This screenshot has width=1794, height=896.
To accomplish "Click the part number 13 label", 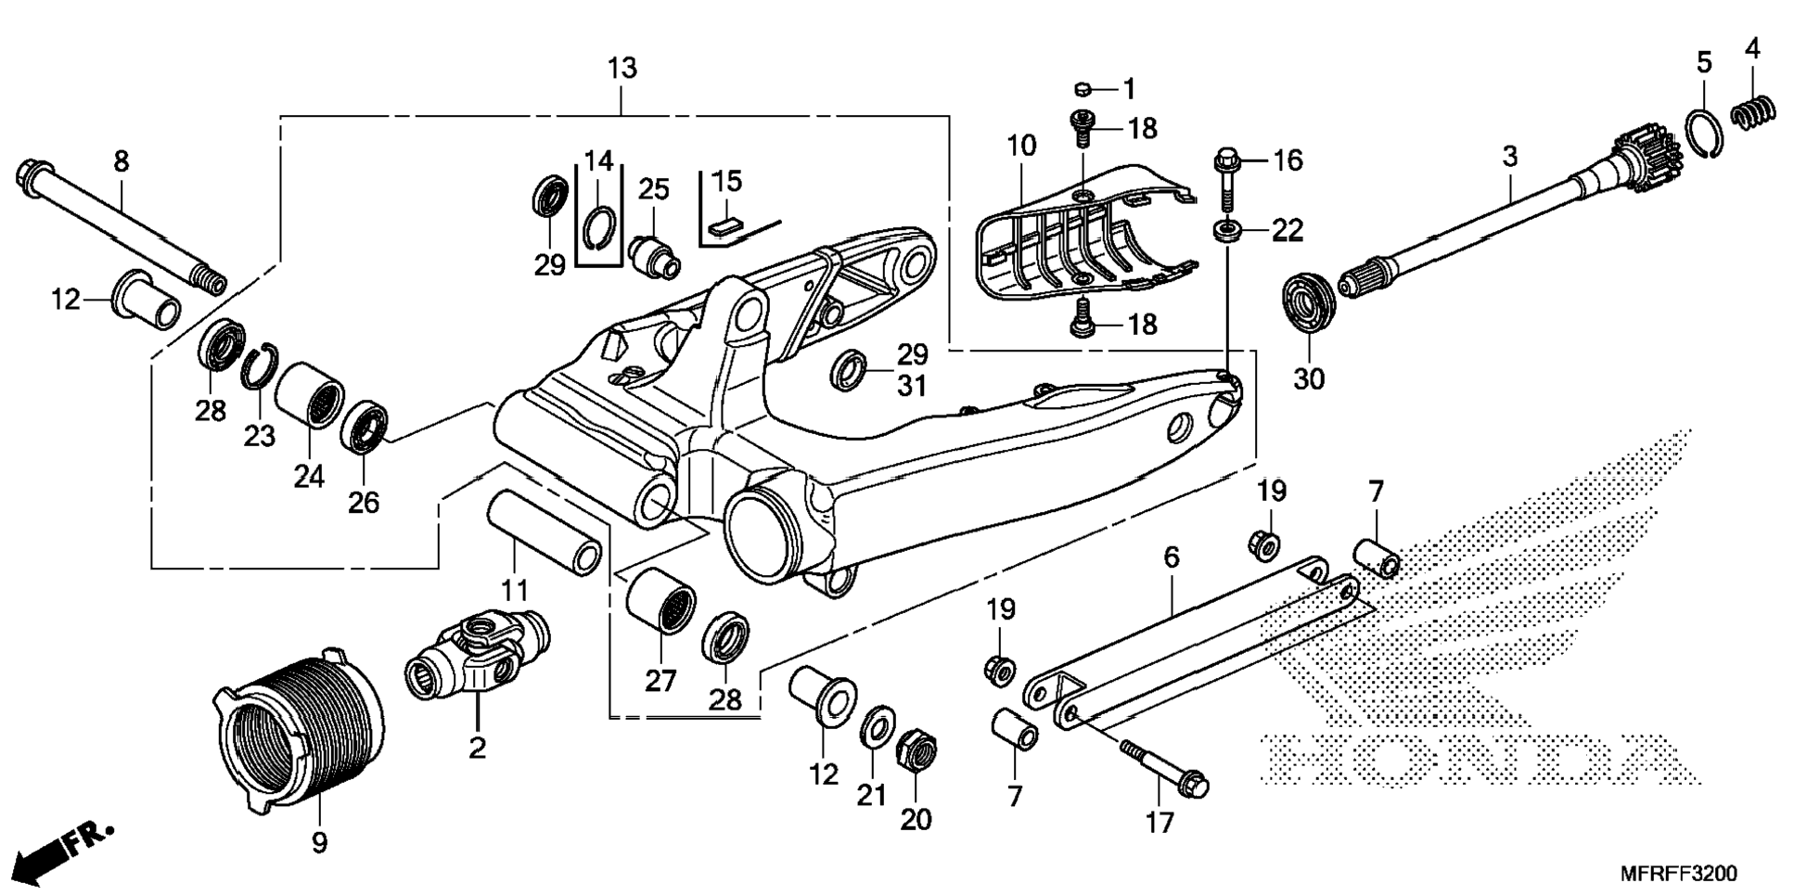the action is pyautogui.click(x=622, y=69).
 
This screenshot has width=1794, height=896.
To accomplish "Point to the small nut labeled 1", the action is pyautogui.click(x=1082, y=89).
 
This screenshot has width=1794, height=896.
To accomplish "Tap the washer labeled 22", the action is pyautogui.click(x=1227, y=230).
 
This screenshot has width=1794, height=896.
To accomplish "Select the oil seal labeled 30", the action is pyautogui.click(x=1309, y=300).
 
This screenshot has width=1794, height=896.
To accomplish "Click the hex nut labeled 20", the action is pyautogui.click(x=916, y=748).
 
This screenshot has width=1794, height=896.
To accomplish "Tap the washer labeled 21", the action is pyautogui.click(x=873, y=726).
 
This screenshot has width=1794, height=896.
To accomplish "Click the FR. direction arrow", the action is pyautogui.click(x=66, y=849).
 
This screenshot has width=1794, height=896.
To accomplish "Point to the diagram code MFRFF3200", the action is pyautogui.click(x=1679, y=874).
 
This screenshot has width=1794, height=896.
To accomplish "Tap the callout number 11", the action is pyautogui.click(x=515, y=589).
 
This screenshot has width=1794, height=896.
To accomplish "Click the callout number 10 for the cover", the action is pyautogui.click(x=1021, y=146).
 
